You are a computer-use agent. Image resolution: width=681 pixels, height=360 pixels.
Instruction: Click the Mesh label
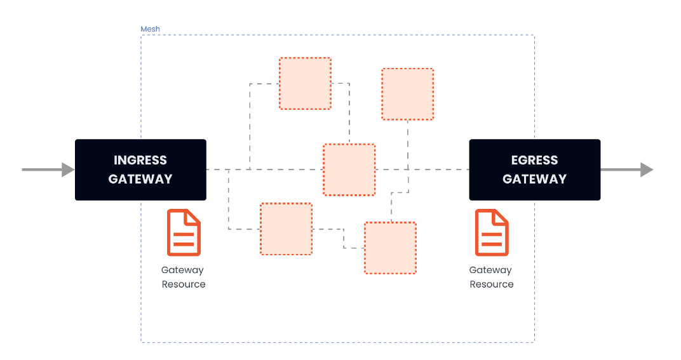151,29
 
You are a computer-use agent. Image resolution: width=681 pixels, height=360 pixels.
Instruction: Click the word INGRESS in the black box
140,160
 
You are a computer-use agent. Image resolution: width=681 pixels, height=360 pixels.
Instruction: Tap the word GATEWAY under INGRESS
140,179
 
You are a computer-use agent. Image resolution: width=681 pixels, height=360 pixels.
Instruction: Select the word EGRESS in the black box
535,160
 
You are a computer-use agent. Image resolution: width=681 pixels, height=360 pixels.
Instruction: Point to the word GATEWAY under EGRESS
535,179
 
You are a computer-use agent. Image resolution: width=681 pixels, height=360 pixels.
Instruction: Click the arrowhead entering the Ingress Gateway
68,170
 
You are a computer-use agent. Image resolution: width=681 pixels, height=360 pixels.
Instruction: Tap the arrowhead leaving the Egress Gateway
647,170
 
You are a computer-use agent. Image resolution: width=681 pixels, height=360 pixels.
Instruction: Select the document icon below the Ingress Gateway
184,233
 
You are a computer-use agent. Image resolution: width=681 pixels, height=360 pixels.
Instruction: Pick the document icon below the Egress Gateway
492,233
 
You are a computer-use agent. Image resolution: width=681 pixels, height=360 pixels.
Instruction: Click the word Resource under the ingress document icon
184,284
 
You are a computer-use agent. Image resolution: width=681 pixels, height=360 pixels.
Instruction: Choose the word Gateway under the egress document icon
490,270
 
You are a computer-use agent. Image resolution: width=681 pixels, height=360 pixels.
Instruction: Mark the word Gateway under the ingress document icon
182,270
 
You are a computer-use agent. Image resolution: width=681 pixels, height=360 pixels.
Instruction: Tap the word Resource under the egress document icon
492,284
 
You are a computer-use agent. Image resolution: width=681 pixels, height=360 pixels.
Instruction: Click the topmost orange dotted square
306,83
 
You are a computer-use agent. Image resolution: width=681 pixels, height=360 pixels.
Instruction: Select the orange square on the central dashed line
349,170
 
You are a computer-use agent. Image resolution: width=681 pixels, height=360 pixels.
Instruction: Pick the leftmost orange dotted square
287,229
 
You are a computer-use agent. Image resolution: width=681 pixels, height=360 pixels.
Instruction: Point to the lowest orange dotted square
391,248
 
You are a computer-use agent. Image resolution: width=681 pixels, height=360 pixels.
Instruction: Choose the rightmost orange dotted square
407,94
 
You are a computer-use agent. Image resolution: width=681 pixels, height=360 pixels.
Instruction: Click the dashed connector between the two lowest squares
344,238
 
